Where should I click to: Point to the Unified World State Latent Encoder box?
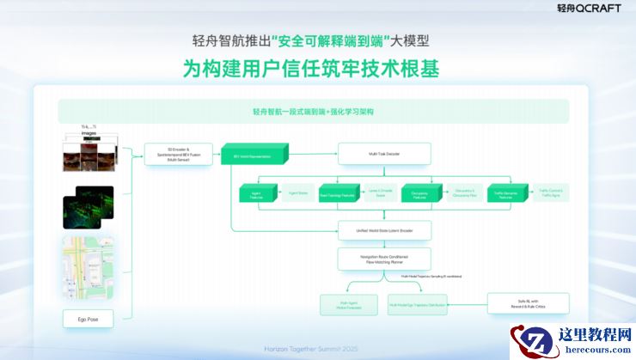[x=384, y=230]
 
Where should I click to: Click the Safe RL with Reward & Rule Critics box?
[x=529, y=303]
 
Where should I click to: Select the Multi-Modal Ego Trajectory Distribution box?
[x=421, y=304]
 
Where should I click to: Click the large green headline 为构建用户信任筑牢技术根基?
[x=311, y=69]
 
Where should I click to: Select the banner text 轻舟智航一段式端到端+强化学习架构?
[x=313, y=112]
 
